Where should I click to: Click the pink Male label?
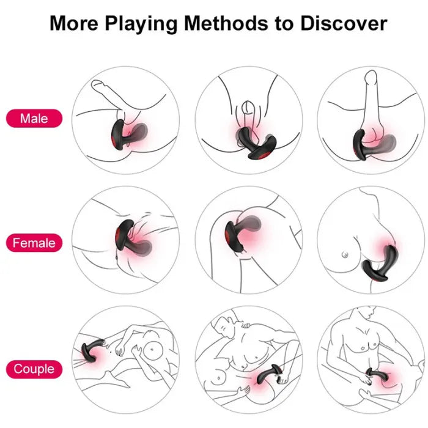(x=34, y=118)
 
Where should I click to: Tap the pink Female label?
(x=34, y=243)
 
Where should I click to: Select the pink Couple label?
(x=34, y=369)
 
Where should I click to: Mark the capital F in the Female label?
(x=17, y=243)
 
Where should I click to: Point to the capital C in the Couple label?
(x=18, y=369)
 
